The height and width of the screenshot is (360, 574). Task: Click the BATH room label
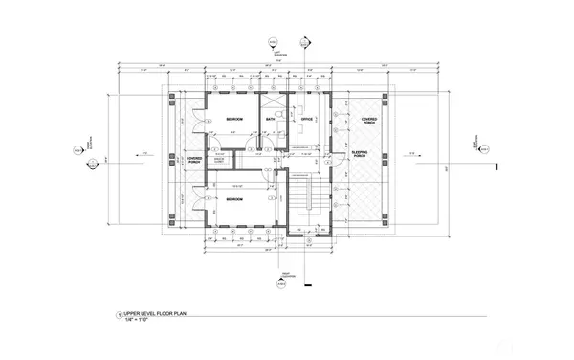click(x=271, y=119)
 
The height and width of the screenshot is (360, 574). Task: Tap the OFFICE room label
click(x=307, y=119)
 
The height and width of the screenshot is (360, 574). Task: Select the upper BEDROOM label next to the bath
click(x=233, y=119)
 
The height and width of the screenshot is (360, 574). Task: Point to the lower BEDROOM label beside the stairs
click(x=233, y=199)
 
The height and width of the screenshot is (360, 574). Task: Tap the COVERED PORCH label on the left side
click(x=193, y=160)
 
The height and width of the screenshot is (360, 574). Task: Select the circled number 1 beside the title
click(x=119, y=314)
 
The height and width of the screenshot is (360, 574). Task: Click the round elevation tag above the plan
click(x=272, y=43)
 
